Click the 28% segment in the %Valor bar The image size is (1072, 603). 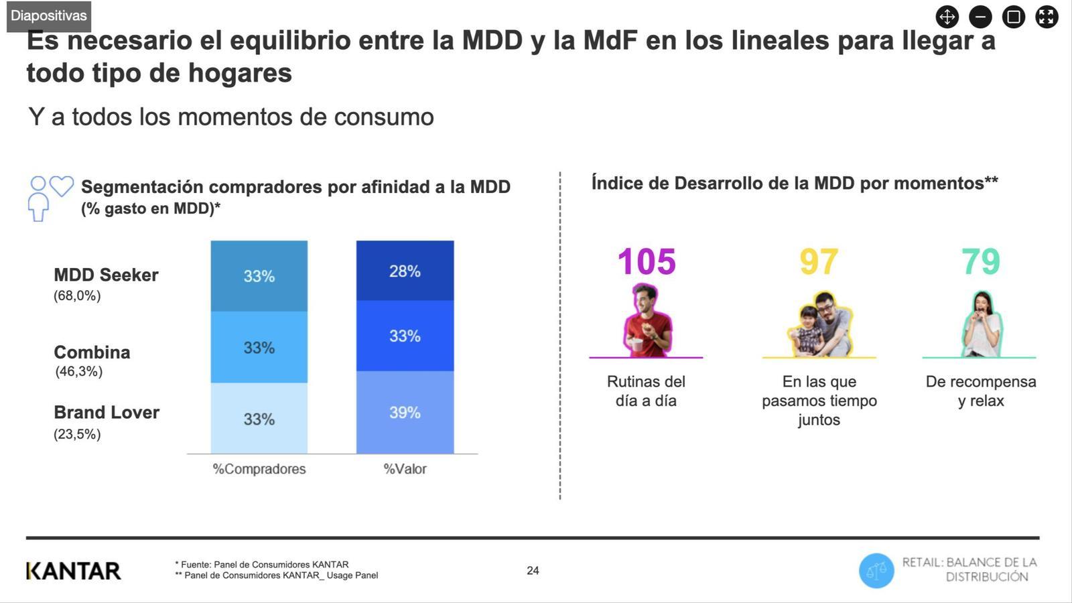point(405,271)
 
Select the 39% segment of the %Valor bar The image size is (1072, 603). point(405,412)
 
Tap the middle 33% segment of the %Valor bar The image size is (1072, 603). point(405,336)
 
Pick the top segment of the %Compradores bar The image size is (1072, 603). point(259,276)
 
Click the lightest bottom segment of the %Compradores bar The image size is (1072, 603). point(259,419)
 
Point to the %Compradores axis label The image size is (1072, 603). point(259,469)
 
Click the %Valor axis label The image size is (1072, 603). point(405,469)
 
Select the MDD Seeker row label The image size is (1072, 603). point(106,275)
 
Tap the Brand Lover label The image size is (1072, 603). point(107,413)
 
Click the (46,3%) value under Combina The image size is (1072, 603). point(79,372)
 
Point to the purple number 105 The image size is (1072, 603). point(647,262)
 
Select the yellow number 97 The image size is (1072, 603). point(819,262)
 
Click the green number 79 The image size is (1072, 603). point(981,262)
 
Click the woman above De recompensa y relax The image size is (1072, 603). point(982,324)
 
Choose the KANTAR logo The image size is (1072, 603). point(74,571)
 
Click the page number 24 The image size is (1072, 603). point(533,571)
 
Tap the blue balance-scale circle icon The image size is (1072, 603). point(876,571)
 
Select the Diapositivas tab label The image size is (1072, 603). point(49,16)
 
